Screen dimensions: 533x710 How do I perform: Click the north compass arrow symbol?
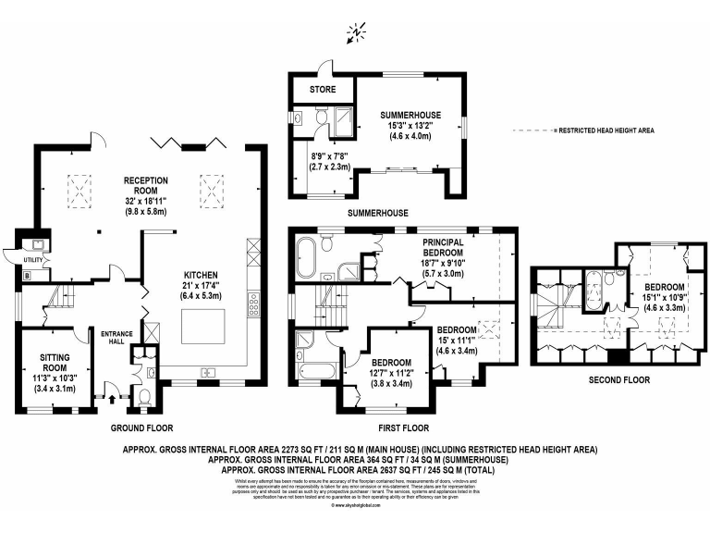point(355,34)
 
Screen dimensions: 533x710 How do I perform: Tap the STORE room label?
point(322,90)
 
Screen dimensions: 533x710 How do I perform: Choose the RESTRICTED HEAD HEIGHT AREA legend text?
point(606,131)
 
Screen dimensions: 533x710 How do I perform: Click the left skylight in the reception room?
point(79,193)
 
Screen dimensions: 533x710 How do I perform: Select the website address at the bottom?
point(355,506)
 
